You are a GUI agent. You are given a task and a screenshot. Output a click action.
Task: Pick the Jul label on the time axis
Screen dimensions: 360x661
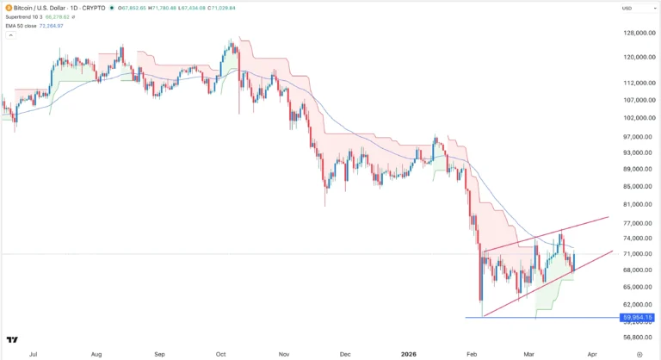click(33, 353)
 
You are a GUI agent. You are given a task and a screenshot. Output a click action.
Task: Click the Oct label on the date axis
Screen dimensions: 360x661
click(221, 353)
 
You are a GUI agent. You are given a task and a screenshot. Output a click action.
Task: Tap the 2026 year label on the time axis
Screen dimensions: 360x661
click(409, 353)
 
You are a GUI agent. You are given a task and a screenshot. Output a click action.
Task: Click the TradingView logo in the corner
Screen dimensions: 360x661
click(11, 340)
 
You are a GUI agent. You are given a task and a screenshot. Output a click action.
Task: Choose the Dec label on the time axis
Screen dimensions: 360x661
click(345, 353)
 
